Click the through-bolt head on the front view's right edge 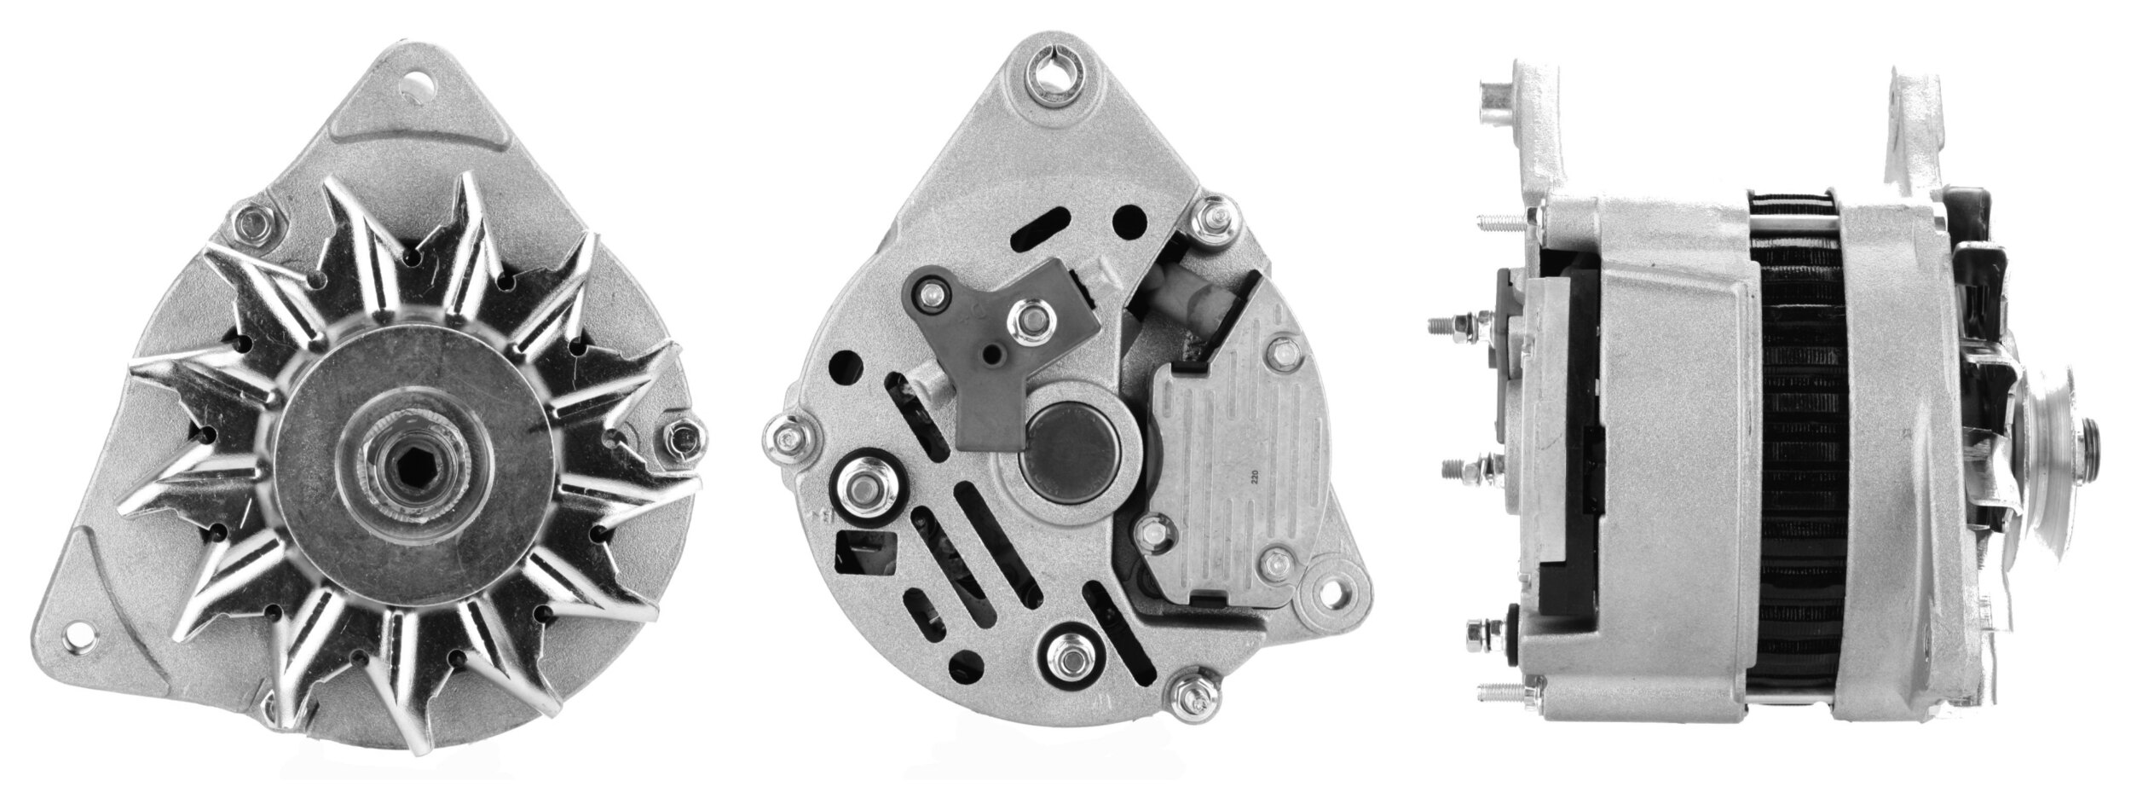pyautogui.click(x=679, y=437)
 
